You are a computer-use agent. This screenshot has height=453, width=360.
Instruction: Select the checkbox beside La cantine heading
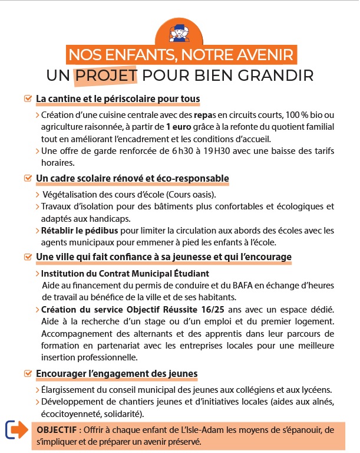coord(27,98)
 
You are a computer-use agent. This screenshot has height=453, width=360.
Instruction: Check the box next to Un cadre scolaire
coord(27,178)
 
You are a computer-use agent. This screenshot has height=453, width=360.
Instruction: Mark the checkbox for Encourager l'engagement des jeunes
coord(27,373)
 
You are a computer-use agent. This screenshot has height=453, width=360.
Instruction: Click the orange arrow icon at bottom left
coord(17,430)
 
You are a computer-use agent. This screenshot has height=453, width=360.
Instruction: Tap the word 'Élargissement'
coord(68,390)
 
